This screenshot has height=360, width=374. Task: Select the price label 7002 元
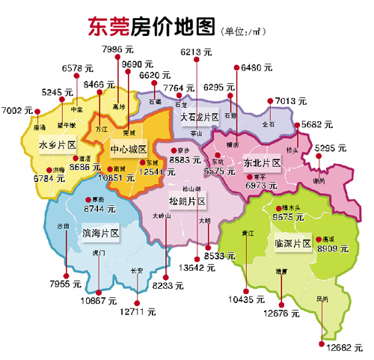click(x=19, y=110)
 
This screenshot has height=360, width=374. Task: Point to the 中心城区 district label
click(x=128, y=148)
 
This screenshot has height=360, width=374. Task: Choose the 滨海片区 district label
click(x=101, y=233)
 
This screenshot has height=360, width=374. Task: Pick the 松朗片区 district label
click(x=188, y=201)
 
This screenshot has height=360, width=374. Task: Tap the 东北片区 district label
click(x=262, y=162)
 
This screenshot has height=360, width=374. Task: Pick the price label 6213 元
click(x=198, y=52)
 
